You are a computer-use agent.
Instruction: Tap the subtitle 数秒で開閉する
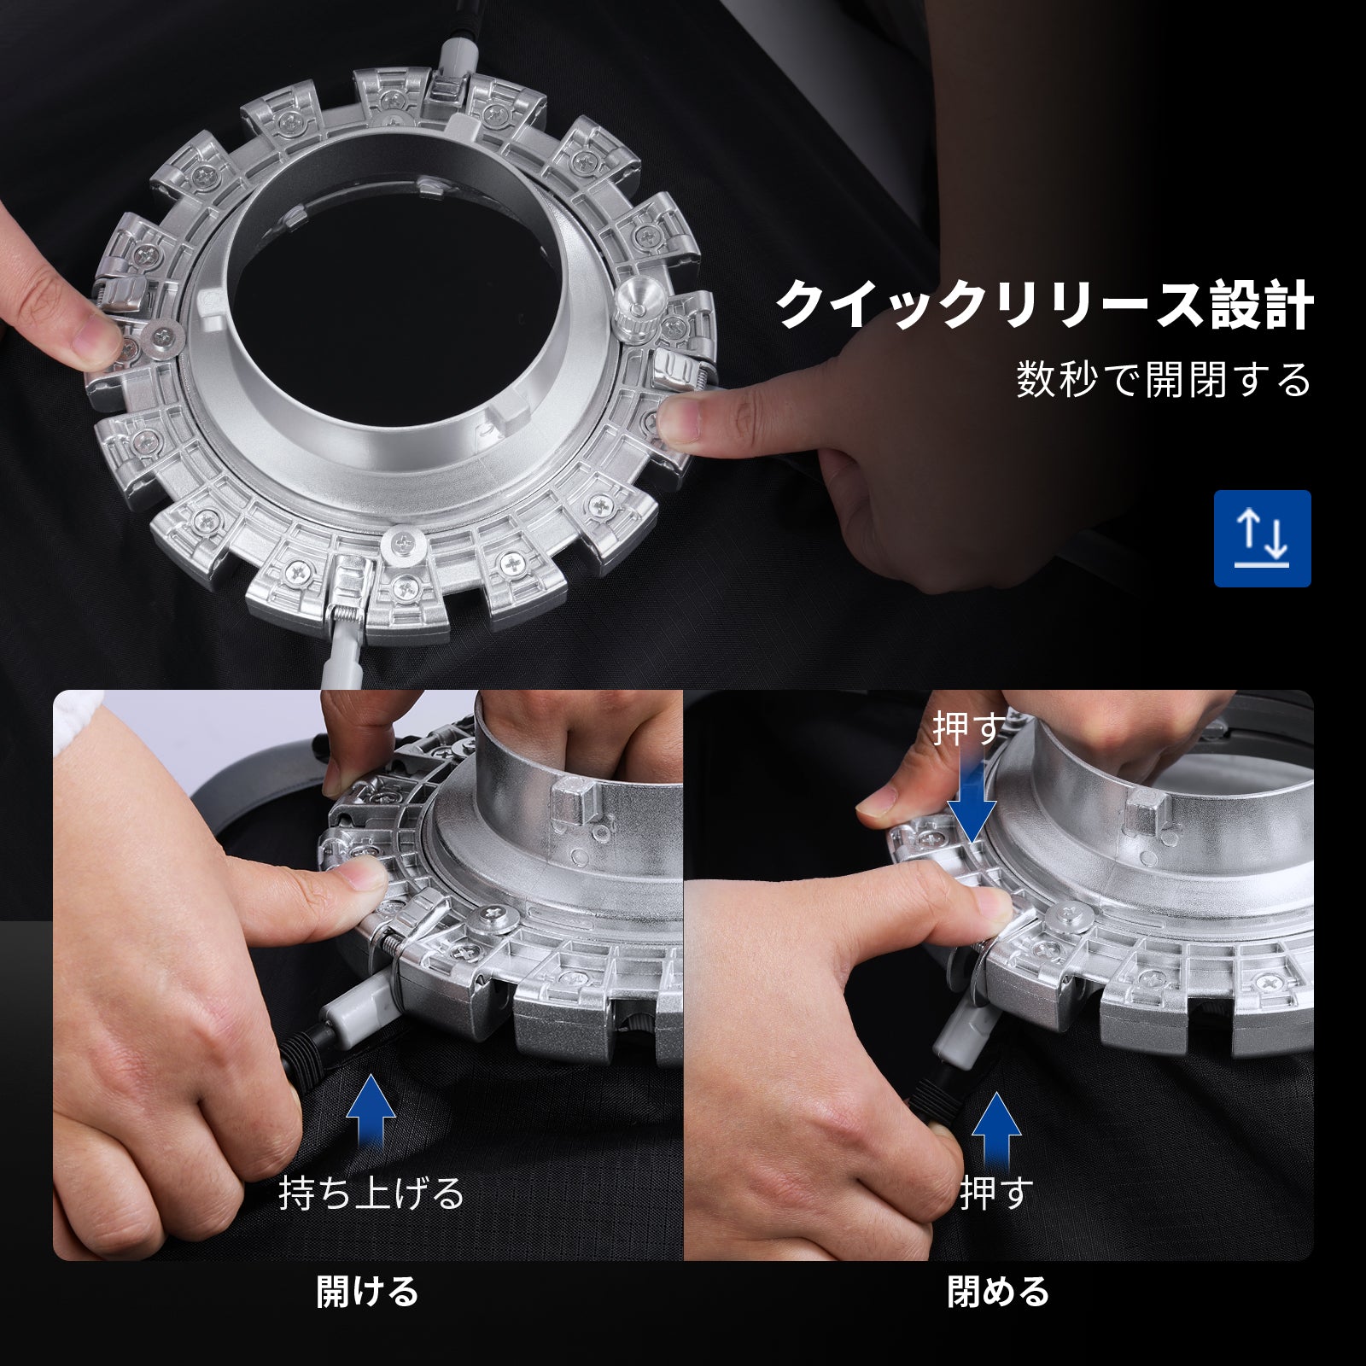pos(1163,380)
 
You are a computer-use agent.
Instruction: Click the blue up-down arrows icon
pos(1262,538)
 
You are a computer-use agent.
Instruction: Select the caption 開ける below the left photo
pos(367,1292)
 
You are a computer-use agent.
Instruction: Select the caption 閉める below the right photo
pos(998,1292)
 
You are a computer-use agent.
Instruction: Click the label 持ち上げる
pos(371,1193)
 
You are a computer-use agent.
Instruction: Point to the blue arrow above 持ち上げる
pos(371,1118)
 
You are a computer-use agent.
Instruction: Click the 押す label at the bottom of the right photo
pos(996,1193)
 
